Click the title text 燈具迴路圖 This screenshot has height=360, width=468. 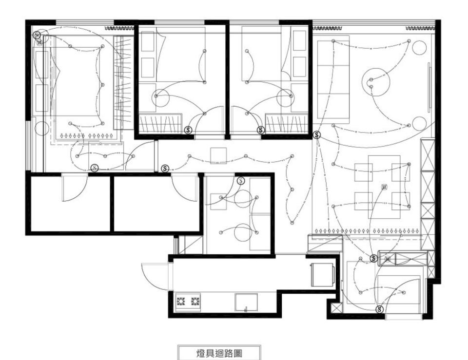click(219, 354)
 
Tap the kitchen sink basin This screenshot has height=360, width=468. click(246, 302)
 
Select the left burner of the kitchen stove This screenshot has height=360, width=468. click(181, 301)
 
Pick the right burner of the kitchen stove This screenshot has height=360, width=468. click(195, 301)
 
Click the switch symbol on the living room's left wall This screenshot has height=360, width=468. click(317, 135)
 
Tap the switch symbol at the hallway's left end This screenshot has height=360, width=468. click(165, 169)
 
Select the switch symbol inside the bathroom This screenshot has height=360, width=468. click(241, 181)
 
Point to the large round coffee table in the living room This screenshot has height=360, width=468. click(376, 82)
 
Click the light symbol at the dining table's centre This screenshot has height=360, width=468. click(385, 188)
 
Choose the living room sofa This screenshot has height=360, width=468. click(333, 79)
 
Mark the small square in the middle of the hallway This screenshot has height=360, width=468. click(218, 156)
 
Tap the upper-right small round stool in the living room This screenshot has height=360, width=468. click(419, 48)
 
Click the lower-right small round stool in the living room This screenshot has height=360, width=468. click(419, 123)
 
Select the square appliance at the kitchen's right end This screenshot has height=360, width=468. click(322, 274)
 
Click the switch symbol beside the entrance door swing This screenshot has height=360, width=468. click(380, 309)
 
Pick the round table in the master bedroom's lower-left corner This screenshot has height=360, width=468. click(42, 128)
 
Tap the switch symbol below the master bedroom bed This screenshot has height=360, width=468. click(95, 168)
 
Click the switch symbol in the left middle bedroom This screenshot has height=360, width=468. click(188, 130)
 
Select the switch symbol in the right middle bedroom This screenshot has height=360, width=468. click(261, 130)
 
